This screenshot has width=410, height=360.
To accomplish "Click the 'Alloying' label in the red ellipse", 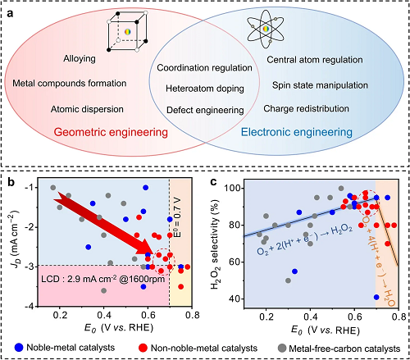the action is coord(80,58).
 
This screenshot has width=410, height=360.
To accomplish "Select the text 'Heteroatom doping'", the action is coord(205,89).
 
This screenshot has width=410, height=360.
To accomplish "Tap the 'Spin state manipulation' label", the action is coord(320,85).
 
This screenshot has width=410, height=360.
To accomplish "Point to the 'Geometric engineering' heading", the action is coord(111,132).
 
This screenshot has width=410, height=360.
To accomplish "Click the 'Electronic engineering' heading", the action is coord(297,132).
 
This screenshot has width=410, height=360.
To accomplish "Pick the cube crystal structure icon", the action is coord(127,32).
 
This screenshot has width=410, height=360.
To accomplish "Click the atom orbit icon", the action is coord(266,29).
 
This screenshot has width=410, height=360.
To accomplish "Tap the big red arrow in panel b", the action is coord(104,222).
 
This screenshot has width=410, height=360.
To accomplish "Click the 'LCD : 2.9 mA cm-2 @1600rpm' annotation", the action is coord(103,279).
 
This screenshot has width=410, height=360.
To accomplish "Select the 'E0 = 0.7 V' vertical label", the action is coord(177,218).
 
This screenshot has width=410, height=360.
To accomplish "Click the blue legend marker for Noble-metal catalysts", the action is coord(19,348).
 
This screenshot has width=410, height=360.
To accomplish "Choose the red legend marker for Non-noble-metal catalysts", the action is coord(143,348).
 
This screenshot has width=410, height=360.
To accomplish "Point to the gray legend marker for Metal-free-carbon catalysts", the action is coord(282,349).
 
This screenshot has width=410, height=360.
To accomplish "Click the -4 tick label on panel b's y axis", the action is coord(30,307).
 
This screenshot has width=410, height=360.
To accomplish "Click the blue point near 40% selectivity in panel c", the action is coord(376,297).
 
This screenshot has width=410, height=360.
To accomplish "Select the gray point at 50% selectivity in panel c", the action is coord(288,280).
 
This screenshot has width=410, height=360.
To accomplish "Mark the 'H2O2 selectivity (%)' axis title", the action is coord(215,244).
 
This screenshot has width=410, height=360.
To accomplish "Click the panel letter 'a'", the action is coord(10,13).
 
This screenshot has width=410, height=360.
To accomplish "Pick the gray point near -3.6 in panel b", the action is coord(104,290).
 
